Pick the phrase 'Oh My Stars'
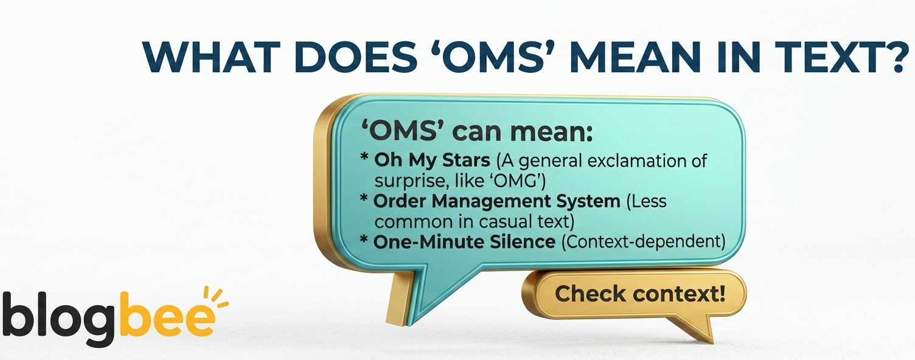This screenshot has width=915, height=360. [x=432, y=161]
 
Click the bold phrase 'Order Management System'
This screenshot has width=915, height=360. [x=496, y=201]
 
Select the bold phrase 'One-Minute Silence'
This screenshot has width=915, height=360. [x=464, y=241]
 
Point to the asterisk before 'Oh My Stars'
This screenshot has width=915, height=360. [x=364, y=158]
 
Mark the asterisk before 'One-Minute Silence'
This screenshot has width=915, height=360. [x=364, y=240]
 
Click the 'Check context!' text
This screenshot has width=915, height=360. [x=639, y=294]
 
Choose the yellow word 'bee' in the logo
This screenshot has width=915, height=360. [x=167, y=314]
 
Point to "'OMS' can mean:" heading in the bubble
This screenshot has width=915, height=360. [x=476, y=132]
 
